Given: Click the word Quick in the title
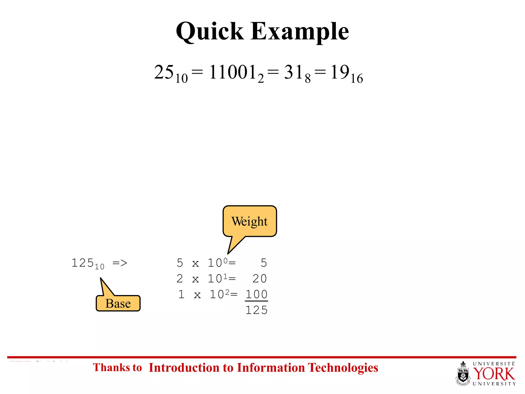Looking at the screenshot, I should coord(210,31).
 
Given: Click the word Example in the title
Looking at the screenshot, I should coord(300,31).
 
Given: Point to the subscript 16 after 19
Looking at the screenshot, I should coord(357,78).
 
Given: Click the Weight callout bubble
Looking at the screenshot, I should coord(249,221).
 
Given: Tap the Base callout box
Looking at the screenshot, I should coord(118,303).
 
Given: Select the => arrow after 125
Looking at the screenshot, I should coord(120,263).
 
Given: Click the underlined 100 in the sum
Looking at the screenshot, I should coord(256,294).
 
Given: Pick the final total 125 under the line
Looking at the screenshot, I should coord(256,310).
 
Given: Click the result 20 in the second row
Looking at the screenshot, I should coord(260,279).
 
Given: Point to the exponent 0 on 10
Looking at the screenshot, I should coord(225,261).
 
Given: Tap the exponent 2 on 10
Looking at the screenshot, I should coord(227,292).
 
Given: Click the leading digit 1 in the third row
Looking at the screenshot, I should coord(181,294).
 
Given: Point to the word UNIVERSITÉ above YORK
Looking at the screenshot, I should coord(494,364).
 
